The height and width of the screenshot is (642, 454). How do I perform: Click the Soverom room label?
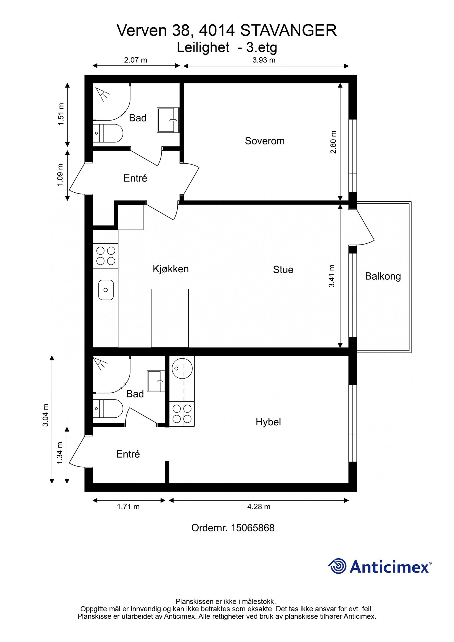click(264, 141)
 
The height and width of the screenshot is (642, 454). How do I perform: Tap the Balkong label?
click(382, 276)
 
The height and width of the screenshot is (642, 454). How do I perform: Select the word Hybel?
click(268, 422)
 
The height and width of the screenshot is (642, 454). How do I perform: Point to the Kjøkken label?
click(171, 269)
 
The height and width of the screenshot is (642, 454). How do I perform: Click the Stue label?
click(283, 269)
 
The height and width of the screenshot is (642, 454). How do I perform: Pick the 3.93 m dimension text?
click(264, 60)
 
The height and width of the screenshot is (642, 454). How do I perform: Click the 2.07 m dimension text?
click(135, 60)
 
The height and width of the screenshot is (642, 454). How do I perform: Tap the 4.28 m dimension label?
click(258, 506)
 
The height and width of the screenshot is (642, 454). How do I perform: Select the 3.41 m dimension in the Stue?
click(331, 276)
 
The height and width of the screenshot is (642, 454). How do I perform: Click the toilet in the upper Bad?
click(108, 133)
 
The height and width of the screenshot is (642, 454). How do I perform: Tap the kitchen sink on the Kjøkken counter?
click(106, 290)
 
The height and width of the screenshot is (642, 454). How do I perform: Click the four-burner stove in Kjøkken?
click(106, 256)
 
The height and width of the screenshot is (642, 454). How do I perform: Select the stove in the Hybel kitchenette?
click(182, 414)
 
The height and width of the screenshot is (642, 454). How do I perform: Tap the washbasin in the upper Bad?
click(168, 120)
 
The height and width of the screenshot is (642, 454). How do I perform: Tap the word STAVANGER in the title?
click(288, 30)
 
